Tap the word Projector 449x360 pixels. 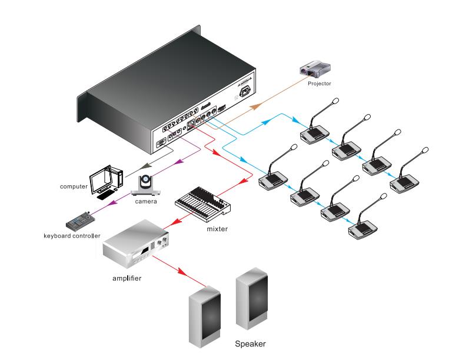click(320, 84)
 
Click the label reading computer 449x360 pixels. click(74, 186)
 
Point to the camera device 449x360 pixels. click(144, 185)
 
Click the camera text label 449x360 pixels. click(145, 202)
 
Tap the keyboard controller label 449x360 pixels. click(72, 236)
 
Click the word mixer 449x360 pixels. click(217, 228)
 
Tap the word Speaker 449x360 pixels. click(251, 344)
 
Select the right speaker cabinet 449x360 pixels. click(252, 297)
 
